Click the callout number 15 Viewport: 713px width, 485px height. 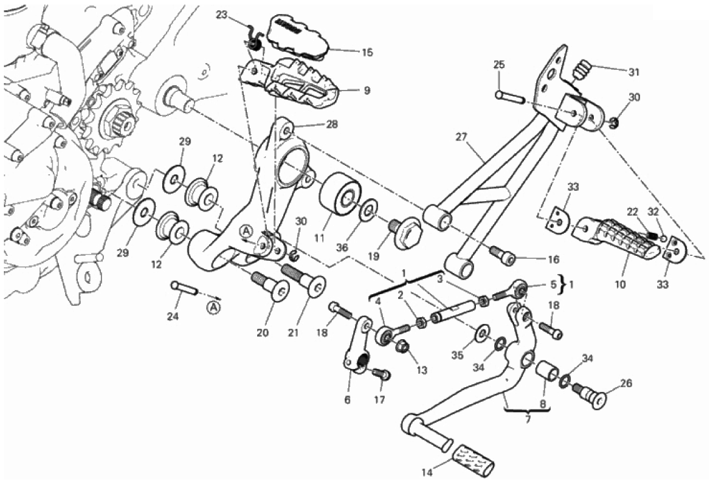coord(367,53)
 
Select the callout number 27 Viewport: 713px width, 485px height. coord(460,137)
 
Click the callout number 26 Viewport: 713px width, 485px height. coord(625,384)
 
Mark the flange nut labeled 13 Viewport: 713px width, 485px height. coord(402,348)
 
